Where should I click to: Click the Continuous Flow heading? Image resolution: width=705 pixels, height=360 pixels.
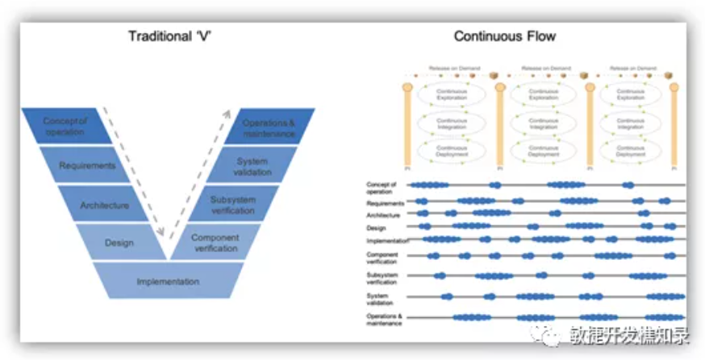[505, 36]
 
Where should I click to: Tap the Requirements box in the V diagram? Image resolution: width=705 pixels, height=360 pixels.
[87, 166]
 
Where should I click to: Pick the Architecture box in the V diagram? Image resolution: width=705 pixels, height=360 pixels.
[104, 205]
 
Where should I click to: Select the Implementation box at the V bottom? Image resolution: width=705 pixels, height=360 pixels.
[167, 282]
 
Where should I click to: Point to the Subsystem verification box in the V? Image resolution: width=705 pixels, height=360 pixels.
[233, 205]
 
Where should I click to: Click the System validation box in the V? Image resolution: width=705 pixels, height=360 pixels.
[252, 166]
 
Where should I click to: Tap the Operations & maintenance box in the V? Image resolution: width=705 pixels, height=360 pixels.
[269, 126]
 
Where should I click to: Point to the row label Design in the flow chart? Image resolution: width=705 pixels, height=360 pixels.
[375, 228]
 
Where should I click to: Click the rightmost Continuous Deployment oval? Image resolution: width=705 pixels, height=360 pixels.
[631, 150]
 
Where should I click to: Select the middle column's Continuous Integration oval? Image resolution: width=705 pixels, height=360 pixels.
[542, 123]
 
